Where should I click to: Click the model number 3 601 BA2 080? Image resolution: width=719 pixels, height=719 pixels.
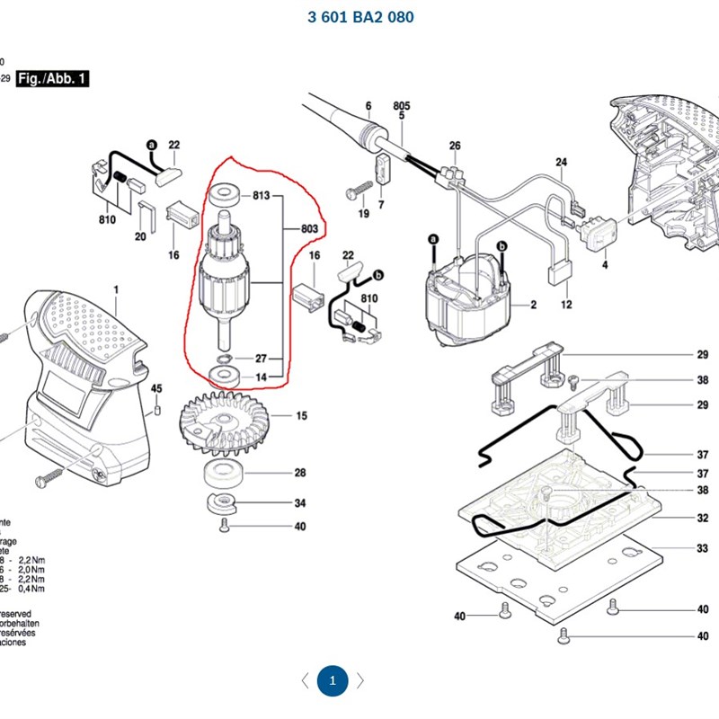(x=359, y=17)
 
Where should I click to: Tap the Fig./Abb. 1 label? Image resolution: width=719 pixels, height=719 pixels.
(x=53, y=79)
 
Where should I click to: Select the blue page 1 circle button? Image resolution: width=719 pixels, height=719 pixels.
(x=333, y=680)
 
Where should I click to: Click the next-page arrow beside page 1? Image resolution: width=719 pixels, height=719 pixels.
(x=360, y=680)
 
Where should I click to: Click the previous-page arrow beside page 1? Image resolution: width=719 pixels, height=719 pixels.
(x=305, y=680)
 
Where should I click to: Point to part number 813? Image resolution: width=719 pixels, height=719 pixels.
(x=262, y=195)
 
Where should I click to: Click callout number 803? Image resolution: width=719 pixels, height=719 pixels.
(x=309, y=230)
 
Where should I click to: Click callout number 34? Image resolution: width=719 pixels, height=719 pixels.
(x=300, y=502)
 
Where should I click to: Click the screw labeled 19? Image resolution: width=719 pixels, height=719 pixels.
(x=358, y=191)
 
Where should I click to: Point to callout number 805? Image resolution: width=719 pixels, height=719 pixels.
(x=401, y=105)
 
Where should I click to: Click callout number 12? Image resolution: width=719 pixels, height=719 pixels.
(x=567, y=306)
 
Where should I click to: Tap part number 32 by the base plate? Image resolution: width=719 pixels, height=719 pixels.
(x=702, y=519)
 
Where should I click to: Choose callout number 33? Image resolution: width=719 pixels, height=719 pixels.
(x=702, y=547)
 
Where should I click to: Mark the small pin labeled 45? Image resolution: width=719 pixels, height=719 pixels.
(x=157, y=410)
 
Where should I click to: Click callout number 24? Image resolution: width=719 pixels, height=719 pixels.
(x=562, y=163)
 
